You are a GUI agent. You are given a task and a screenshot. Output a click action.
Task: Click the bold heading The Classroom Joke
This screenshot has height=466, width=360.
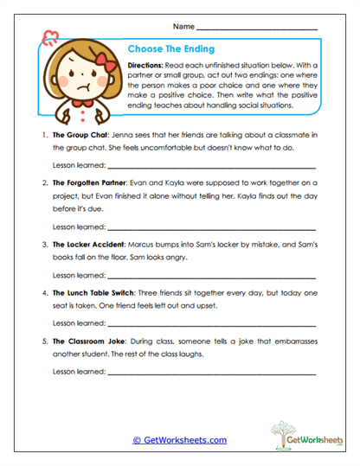(x=90, y=341)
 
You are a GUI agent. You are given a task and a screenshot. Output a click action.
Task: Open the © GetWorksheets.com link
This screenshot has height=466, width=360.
(x=179, y=440)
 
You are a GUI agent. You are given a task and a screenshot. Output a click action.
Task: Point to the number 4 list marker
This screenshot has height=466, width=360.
(x=43, y=293)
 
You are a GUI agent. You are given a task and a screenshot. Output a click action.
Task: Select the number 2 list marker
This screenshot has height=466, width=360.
(x=43, y=183)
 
